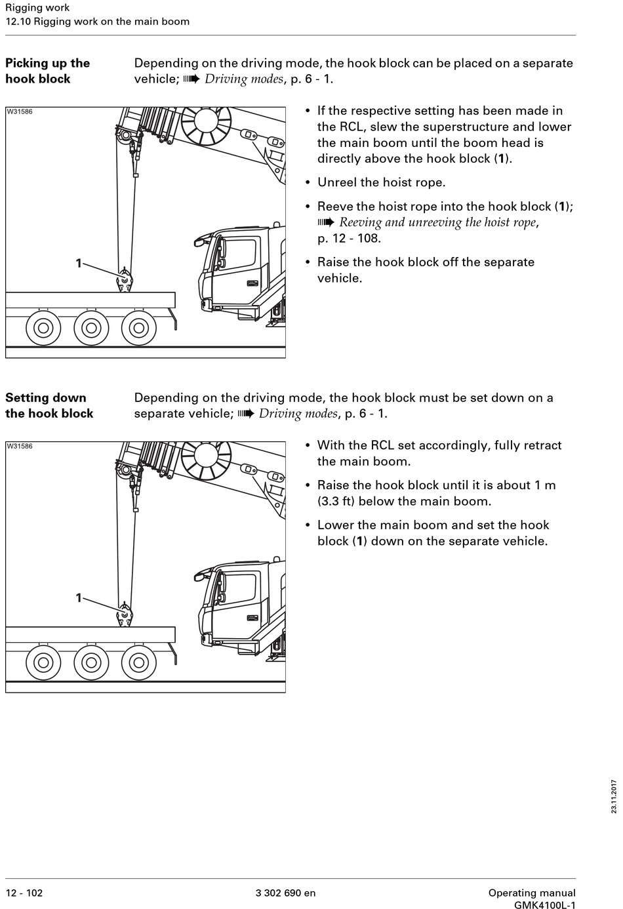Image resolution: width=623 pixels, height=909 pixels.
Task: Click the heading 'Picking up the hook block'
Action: pos(47,71)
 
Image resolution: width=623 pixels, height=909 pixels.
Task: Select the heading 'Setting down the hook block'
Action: pos(49,405)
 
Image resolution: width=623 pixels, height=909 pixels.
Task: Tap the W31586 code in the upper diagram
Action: pos(20,111)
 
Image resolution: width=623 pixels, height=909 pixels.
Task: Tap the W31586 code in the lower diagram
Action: pos(20,446)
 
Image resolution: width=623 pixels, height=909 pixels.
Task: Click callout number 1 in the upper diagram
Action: pos(79,263)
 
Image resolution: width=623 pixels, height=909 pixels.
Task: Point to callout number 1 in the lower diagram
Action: pos(79,597)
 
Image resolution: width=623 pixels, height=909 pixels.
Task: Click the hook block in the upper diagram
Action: pos(124,281)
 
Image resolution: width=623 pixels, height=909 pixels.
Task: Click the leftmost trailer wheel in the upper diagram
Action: pos(43,327)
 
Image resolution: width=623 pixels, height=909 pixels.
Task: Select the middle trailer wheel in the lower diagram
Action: pos(91,662)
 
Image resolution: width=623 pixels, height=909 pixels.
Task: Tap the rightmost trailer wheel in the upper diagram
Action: pos(139,327)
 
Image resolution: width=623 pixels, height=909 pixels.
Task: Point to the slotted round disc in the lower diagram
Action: pos(206,455)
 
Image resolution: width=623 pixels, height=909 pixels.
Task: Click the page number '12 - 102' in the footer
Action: pos(24,893)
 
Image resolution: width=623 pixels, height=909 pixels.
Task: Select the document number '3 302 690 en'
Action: pos(285,893)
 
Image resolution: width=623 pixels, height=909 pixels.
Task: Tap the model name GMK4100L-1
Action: pos(544,905)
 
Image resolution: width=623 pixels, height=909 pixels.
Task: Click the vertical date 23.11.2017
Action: pos(614,796)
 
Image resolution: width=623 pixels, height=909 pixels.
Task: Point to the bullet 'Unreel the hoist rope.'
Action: pos(381,182)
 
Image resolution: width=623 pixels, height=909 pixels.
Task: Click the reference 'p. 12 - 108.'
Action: pos(349,238)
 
